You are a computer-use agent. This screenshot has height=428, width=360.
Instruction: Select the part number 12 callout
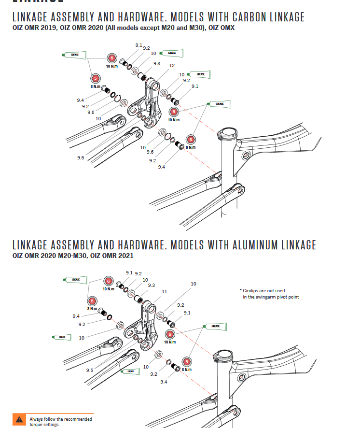tap(171, 65)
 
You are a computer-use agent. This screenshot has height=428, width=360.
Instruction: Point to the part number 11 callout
tap(165, 292)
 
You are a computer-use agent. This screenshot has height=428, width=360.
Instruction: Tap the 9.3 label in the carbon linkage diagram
tap(156, 64)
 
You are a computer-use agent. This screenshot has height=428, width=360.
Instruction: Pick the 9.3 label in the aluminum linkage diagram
tap(151, 285)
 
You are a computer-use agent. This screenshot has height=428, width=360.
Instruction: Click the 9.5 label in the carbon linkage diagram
tap(80, 157)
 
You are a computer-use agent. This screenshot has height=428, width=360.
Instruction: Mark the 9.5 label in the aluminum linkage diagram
tap(90, 370)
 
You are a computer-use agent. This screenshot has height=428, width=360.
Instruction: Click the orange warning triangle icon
tap(19, 419)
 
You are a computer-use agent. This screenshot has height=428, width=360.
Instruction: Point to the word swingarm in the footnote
tap(264, 297)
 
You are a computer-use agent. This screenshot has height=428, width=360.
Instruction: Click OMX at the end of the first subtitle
tap(227, 28)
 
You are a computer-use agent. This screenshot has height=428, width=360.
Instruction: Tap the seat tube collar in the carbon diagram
tap(227, 134)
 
